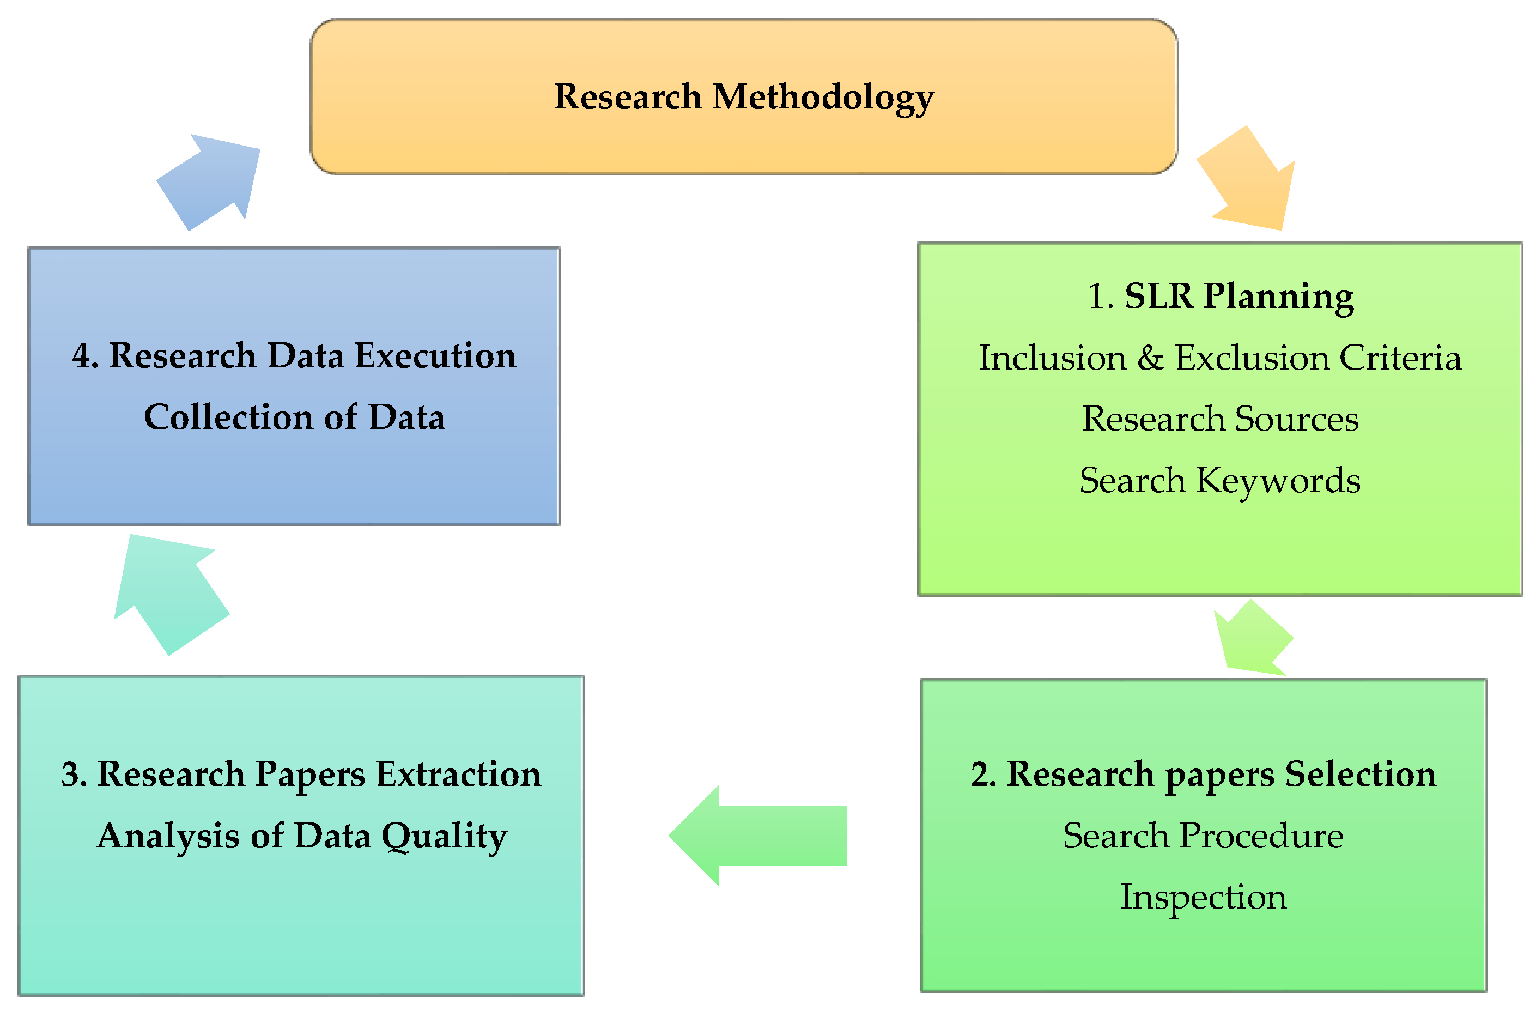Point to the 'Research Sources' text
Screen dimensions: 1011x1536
coord(1220,419)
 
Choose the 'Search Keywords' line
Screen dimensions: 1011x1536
coord(1220,480)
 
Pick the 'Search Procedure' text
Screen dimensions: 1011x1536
coord(1203,836)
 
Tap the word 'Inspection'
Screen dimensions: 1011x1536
coord(1203,898)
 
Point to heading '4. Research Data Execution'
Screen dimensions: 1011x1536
coord(294,356)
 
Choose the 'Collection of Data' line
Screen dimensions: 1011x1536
coord(294,417)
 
